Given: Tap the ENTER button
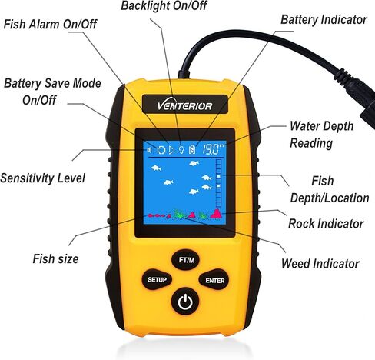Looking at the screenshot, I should (214, 281).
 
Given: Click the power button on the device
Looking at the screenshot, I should (184, 302).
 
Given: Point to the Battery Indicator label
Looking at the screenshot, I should (323, 19).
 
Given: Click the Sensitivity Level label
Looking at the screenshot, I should (42, 178).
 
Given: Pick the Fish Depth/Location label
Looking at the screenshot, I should (329, 189).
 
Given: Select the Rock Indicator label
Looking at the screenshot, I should (325, 224).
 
